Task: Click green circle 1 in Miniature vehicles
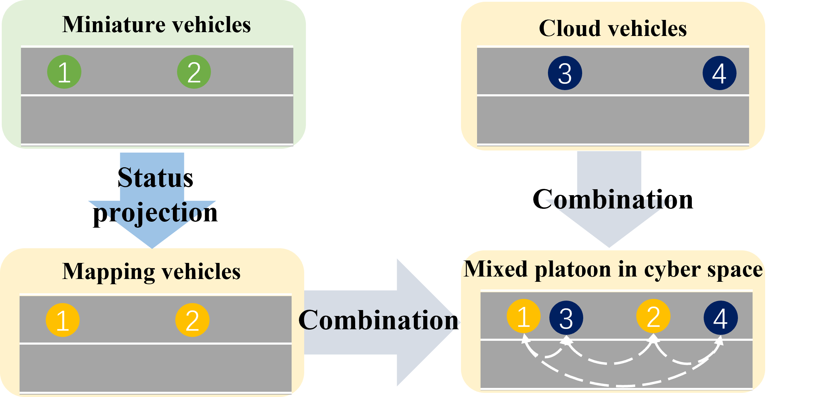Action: click(x=64, y=72)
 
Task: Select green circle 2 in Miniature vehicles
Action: click(x=194, y=72)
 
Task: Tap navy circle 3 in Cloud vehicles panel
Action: click(x=565, y=73)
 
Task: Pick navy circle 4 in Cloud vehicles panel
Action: click(x=719, y=73)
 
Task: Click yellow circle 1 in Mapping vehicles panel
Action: click(x=63, y=320)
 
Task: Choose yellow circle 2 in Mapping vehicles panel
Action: click(x=192, y=320)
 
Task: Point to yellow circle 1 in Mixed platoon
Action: click(x=523, y=316)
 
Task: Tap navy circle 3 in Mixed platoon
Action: click(x=566, y=318)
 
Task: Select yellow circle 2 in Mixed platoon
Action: click(x=653, y=316)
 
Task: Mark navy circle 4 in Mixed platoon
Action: click(x=720, y=318)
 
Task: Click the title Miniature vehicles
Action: click(x=156, y=25)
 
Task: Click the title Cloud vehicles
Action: click(x=613, y=28)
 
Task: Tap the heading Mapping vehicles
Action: click(x=151, y=271)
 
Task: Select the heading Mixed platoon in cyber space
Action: click(x=613, y=269)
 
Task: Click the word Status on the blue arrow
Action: click(x=152, y=178)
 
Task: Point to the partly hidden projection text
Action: click(x=152, y=212)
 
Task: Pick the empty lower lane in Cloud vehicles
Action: click(x=613, y=120)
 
